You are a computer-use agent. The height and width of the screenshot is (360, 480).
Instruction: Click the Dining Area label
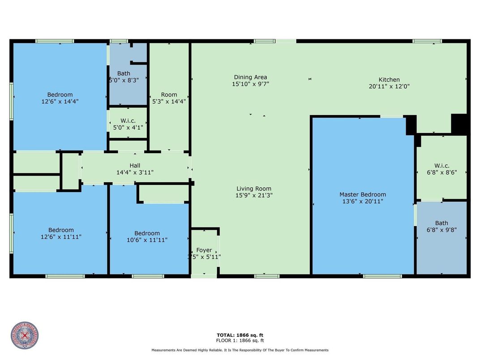pos(250,77)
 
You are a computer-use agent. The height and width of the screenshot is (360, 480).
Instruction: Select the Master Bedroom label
pos(363,194)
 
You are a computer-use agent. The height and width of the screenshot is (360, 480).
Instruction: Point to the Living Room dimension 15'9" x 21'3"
pos(254,195)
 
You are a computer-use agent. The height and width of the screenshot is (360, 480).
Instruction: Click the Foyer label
pos(204,250)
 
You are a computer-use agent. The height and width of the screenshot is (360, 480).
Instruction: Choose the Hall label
pos(135,166)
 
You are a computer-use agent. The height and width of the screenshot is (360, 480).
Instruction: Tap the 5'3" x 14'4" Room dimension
pos(169,101)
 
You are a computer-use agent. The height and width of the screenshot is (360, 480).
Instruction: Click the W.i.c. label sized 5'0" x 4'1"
pos(128,120)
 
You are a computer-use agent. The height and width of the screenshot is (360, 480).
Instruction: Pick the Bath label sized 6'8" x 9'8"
pos(441,223)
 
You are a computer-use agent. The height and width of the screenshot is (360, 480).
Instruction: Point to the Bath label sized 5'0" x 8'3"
pos(124,73)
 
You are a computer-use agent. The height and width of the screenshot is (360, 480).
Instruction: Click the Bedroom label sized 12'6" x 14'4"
pos(60,94)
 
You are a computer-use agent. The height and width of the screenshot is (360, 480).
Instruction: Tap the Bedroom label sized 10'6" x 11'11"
pos(147,233)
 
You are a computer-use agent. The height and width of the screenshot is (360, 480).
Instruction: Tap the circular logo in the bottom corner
pos(25,335)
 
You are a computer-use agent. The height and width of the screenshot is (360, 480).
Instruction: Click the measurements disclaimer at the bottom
pos(240,350)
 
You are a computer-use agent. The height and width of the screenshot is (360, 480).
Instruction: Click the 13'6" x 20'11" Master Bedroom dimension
pos(363,201)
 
